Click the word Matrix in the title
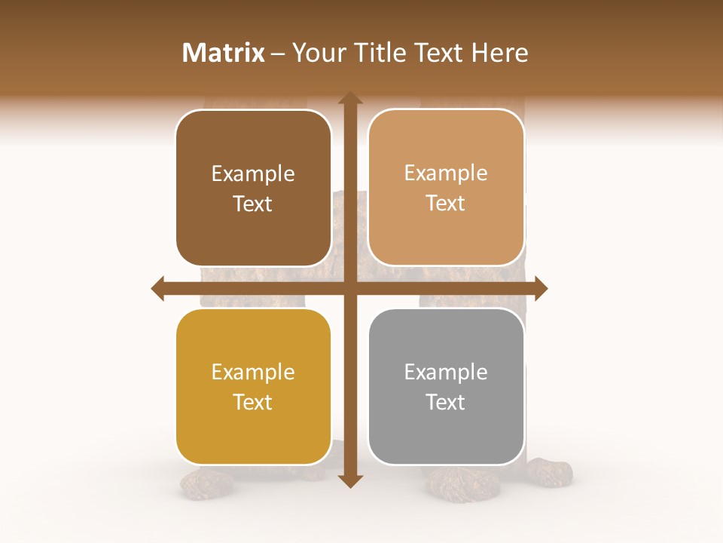click(224, 53)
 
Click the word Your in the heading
click(316, 53)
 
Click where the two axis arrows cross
click(350, 288)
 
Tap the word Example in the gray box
click(446, 372)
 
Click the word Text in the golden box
click(253, 402)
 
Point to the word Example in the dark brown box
click(253, 173)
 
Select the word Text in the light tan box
click(446, 203)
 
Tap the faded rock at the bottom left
click(206, 484)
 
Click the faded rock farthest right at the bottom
click(549, 471)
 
